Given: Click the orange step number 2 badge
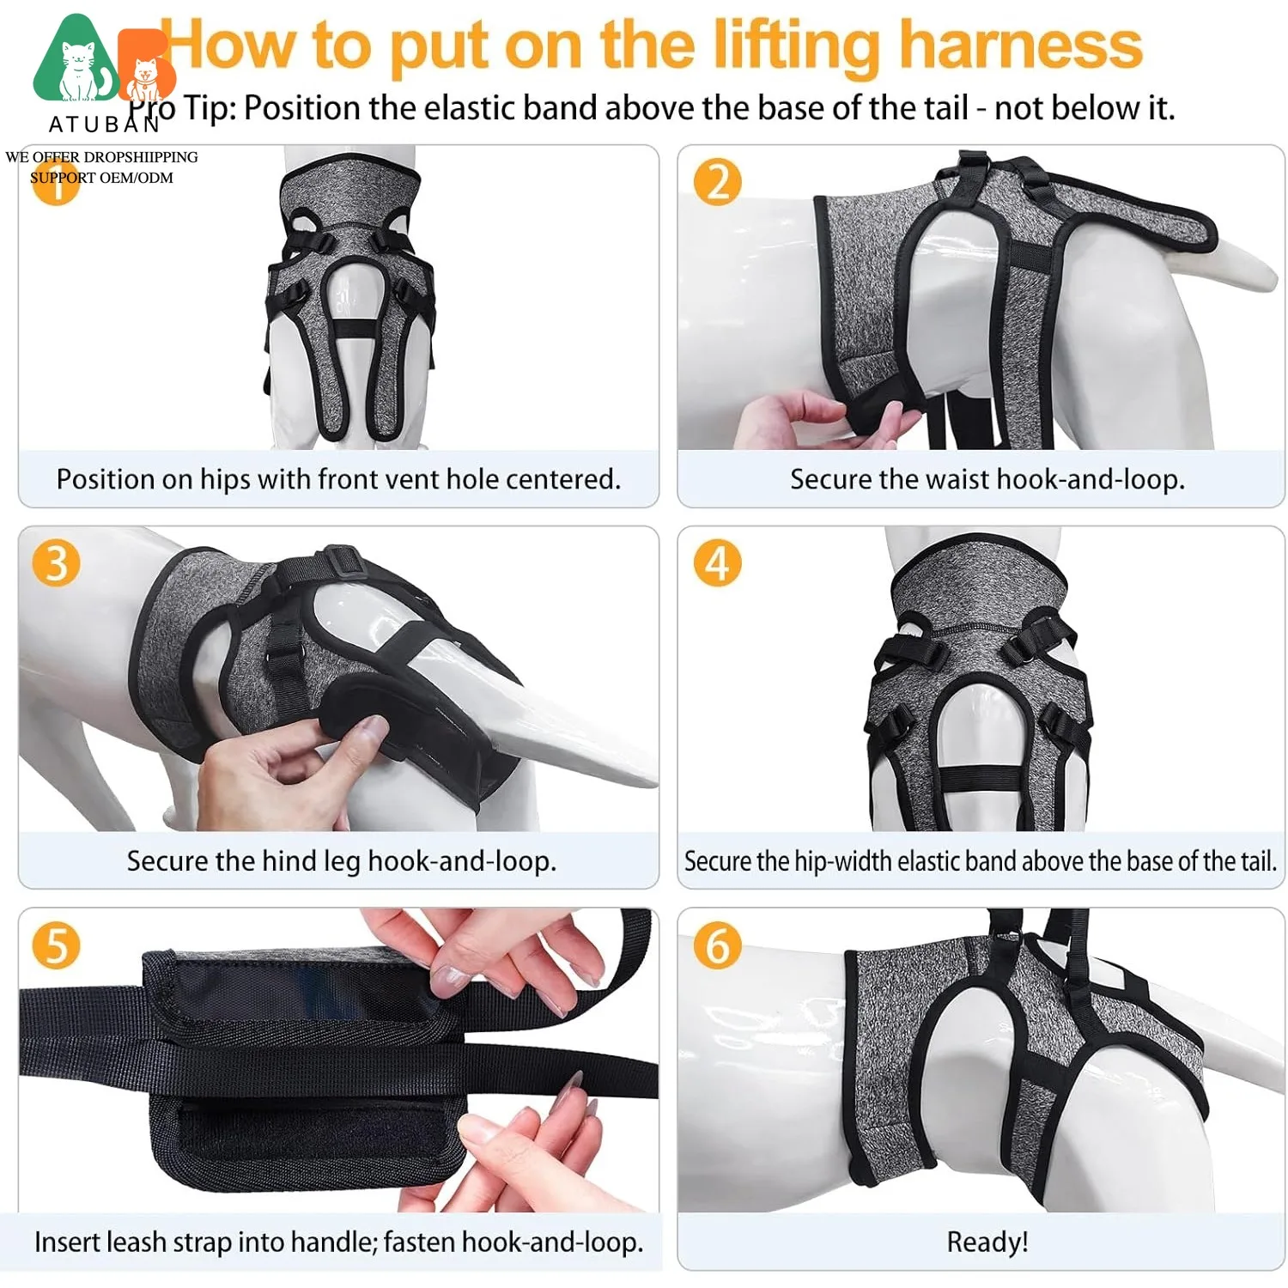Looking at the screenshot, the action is [x=718, y=182].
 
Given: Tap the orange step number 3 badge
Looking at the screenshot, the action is [x=56, y=563].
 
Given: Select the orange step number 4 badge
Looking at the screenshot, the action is [x=718, y=563].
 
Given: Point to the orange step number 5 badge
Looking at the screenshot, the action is [x=56, y=945].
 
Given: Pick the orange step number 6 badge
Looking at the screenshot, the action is [x=718, y=945].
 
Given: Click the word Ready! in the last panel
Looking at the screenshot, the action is [x=987, y=1242].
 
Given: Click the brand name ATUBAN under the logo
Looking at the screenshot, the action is [x=104, y=125].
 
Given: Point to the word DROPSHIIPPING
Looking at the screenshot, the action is [x=141, y=157].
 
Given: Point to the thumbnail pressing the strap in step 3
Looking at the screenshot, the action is [x=371, y=729].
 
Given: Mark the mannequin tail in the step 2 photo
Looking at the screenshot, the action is [x=1236, y=261].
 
